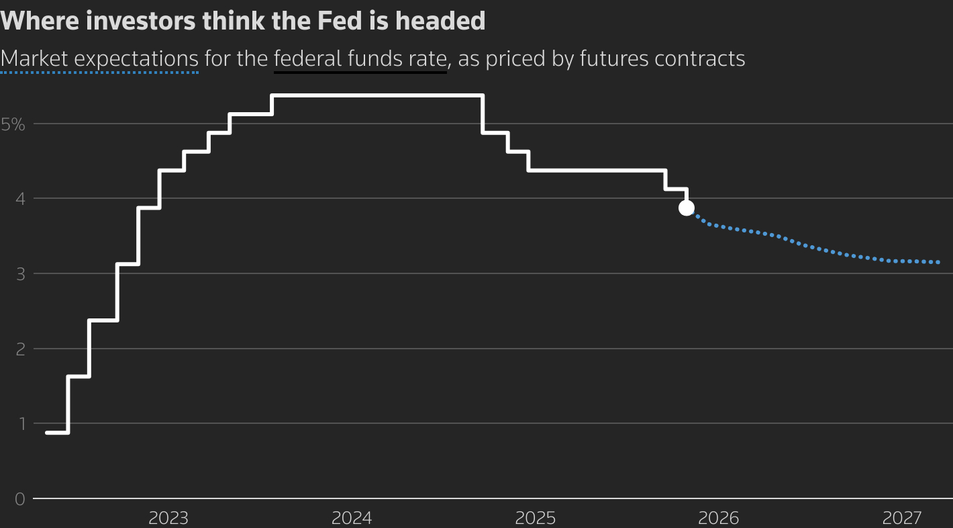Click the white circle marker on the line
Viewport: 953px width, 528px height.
686,208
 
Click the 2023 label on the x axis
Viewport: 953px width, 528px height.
168,518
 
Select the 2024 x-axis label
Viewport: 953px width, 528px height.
352,518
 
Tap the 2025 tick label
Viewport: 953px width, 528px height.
535,518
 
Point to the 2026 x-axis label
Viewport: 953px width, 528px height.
718,518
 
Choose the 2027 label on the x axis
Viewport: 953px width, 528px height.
902,518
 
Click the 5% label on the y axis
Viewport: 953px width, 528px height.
13,124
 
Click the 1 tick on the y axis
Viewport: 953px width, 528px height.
19,424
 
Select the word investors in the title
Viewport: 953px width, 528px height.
134,21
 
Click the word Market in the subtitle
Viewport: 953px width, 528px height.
34,58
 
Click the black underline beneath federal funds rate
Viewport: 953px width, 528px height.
360,71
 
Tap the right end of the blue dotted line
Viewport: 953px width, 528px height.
938,262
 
